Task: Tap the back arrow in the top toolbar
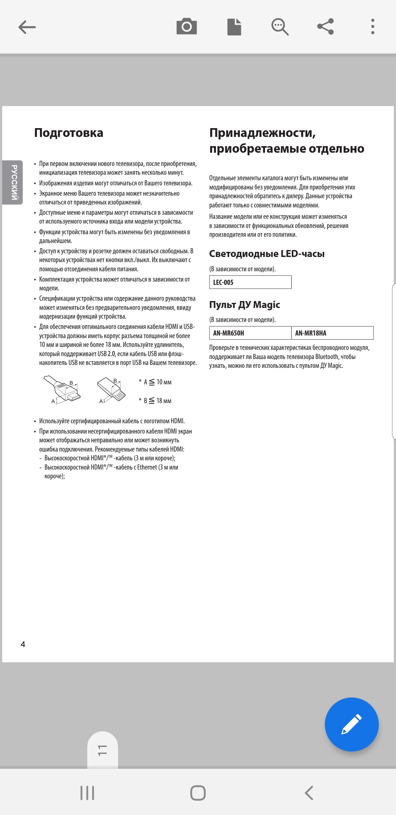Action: (27, 27)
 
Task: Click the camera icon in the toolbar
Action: (187, 27)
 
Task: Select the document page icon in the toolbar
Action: (234, 27)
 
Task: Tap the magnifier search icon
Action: (280, 27)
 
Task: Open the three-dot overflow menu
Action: (373, 27)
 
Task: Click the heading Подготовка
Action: (69, 133)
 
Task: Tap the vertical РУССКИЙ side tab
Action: (14, 182)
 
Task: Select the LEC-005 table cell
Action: (250, 282)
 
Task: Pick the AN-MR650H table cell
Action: (250, 333)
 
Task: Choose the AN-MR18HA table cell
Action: (332, 333)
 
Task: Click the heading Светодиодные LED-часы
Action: (267, 254)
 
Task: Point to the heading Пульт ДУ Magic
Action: (245, 305)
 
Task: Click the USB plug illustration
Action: (111, 389)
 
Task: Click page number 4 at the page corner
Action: (23, 644)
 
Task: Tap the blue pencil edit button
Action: (351, 724)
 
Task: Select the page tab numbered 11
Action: (103, 750)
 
